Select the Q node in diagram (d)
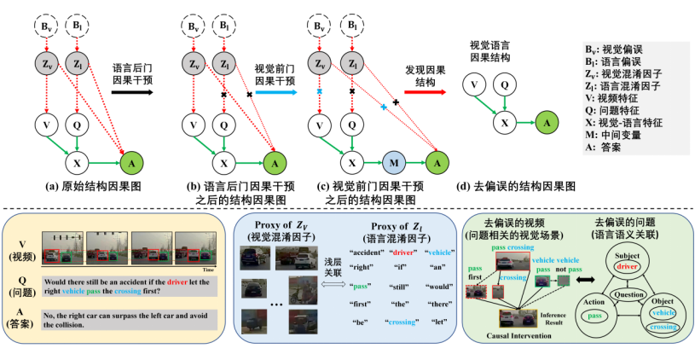(x=505, y=84)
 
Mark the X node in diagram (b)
(x=224, y=161)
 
